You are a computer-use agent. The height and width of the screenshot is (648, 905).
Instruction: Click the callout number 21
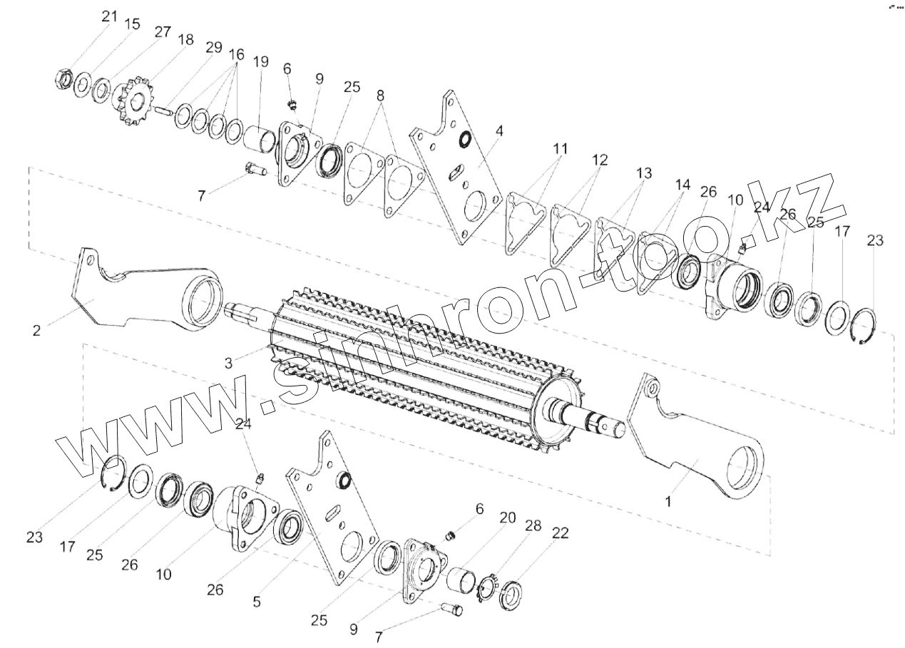[108, 16]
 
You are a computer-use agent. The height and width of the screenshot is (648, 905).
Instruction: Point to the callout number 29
[213, 48]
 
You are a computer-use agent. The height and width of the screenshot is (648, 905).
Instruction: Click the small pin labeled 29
[163, 110]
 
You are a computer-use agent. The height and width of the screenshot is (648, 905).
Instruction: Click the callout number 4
[499, 131]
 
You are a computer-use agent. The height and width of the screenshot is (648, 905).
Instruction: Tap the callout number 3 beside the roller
[228, 362]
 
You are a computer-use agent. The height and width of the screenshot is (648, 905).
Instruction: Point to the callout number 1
[668, 501]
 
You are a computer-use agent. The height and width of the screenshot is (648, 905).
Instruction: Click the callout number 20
[507, 518]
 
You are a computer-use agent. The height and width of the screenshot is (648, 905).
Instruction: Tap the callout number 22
[561, 533]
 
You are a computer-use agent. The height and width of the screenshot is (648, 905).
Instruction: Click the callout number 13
[643, 173]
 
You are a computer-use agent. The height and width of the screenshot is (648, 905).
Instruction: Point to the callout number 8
[381, 95]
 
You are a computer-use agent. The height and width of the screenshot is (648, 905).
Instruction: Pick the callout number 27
[162, 32]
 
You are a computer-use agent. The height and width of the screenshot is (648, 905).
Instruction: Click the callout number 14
[682, 185]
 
